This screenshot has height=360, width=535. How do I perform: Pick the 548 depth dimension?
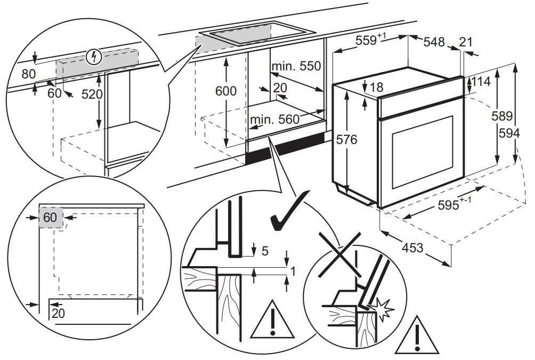(x=434, y=42)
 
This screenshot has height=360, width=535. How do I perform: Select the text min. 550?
(x=297, y=67)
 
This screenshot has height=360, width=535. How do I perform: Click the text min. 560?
(x=275, y=120)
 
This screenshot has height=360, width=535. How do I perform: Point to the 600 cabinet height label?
(x=225, y=91)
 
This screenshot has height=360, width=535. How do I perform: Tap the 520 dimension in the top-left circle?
(x=92, y=94)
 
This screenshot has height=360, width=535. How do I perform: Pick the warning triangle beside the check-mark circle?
(x=272, y=322)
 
